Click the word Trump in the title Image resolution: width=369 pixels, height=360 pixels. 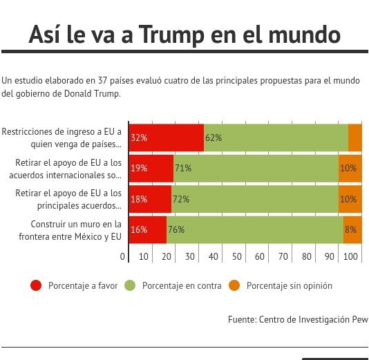pyautogui.click(x=171, y=35)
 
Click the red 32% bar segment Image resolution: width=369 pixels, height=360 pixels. pyautogui.click(x=167, y=138)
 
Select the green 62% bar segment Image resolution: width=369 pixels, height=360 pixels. pyautogui.click(x=276, y=138)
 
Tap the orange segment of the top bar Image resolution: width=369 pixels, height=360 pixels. pyautogui.click(x=355, y=138)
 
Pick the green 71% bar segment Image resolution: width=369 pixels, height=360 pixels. pyautogui.click(x=256, y=168)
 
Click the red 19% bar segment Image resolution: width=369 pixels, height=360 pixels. pyautogui.click(x=151, y=168)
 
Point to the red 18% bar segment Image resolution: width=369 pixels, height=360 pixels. pyautogui.click(x=150, y=199)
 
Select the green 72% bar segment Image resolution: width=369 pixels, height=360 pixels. pyautogui.click(x=255, y=199)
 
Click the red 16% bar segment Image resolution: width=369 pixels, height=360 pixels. pyautogui.click(x=148, y=229)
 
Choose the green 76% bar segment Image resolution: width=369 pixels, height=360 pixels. pyautogui.click(x=255, y=229)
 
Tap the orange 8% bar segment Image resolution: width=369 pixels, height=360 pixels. pyautogui.click(x=352, y=229)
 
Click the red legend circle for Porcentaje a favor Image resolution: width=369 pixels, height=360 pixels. pyautogui.click(x=36, y=285)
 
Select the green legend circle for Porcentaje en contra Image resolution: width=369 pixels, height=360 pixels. pyautogui.click(x=130, y=285)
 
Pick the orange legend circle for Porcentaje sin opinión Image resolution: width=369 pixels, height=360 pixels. pyautogui.click(x=234, y=285)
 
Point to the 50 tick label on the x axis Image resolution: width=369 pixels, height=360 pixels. pyautogui.click(x=236, y=256)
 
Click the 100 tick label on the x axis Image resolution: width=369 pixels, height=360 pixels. pyautogui.click(x=350, y=256)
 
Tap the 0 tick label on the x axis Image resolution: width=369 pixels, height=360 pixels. pyautogui.click(x=122, y=256)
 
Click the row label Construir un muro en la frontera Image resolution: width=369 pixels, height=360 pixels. pyautogui.click(x=70, y=230)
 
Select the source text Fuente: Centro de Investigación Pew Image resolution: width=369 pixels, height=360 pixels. pyautogui.click(x=298, y=319)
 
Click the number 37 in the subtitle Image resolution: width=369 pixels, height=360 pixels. pyautogui.click(x=102, y=80)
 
